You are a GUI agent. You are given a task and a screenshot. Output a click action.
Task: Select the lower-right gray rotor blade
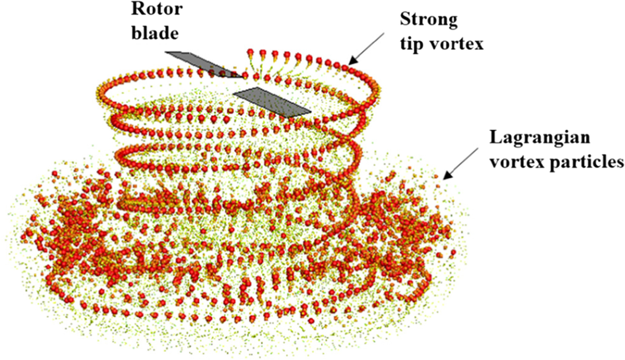(271, 102)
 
